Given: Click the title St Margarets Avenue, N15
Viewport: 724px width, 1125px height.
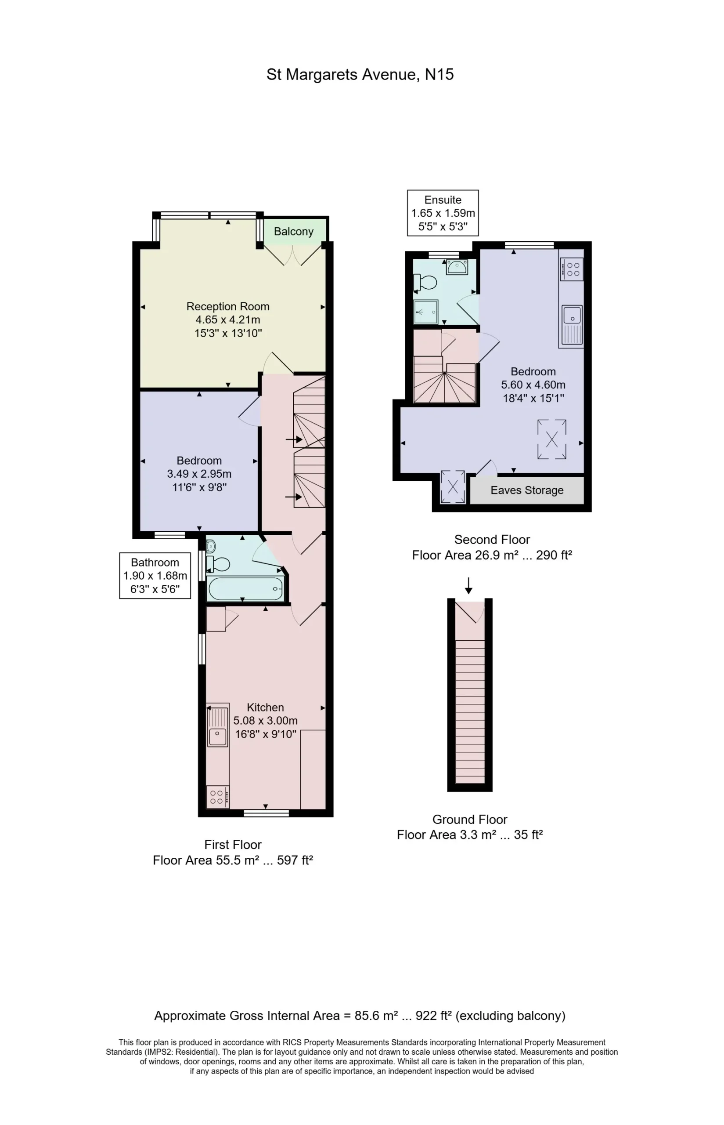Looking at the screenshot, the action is point(360,75).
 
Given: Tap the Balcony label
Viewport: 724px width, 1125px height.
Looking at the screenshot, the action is point(293,232).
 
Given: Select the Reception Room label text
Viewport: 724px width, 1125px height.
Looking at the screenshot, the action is point(228,306).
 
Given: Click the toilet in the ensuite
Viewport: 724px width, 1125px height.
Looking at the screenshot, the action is point(425,283).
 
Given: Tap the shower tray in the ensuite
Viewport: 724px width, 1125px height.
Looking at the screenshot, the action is point(426,312).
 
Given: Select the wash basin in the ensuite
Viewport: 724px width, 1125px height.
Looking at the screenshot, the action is point(456,267).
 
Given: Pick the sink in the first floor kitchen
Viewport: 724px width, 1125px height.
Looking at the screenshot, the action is point(218,725).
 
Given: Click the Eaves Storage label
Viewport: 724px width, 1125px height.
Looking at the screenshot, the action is point(527,490).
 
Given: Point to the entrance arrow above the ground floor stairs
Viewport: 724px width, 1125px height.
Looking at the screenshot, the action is point(468,585).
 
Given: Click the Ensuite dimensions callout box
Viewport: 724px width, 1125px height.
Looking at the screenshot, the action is point(443,213).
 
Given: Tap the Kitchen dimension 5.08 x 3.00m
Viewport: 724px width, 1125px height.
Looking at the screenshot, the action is point(266,720).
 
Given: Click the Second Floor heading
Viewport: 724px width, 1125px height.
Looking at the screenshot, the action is point(492,539).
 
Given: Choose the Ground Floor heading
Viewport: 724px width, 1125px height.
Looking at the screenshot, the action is point(470,819).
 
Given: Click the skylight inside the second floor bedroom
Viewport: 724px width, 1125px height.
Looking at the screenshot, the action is point(552,439).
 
